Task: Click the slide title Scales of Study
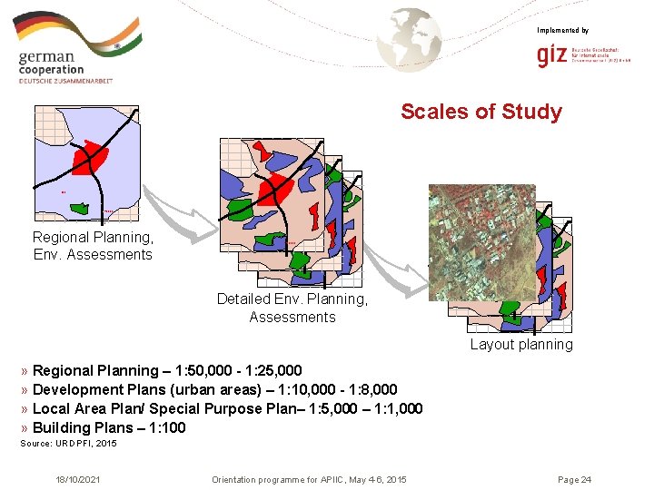click(x=481, y=112)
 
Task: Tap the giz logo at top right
click(x=553, y=56)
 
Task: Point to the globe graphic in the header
click(x=411, y=38)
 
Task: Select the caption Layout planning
click(x=521, y=345)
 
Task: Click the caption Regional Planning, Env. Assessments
click(x=93, y=246)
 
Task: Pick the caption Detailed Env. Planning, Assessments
click(x=292, y=308)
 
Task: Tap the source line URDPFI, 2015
click(x=69, y=444)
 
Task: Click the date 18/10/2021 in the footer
click(x=79, y=479)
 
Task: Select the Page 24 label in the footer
click(x=574, y=479)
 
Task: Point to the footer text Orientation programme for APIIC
click(x=282, y=479)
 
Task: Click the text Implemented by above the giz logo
click(x=562, y=31)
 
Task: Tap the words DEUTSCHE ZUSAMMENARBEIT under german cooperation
click(x=65, y=81)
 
